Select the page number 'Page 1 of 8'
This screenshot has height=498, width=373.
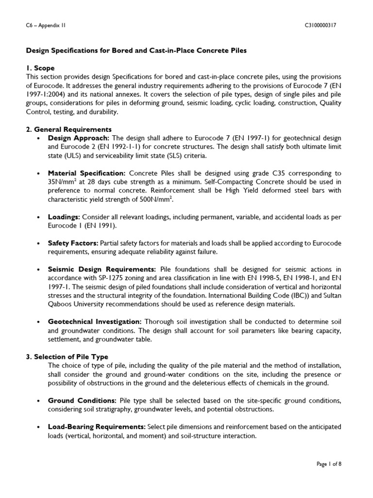coord(329,464)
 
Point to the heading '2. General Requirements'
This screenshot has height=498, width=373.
coord(68,129)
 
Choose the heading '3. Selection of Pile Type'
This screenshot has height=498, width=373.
coord(67,356)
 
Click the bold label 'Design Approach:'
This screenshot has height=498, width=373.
coord(79,138)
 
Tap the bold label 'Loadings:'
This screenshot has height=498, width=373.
coord(64,216)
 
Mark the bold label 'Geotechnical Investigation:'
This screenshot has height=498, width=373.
coord(95,321)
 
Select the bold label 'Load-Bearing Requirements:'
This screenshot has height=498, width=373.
coord(97,427)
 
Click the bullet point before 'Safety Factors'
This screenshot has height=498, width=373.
coord(38,243)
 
